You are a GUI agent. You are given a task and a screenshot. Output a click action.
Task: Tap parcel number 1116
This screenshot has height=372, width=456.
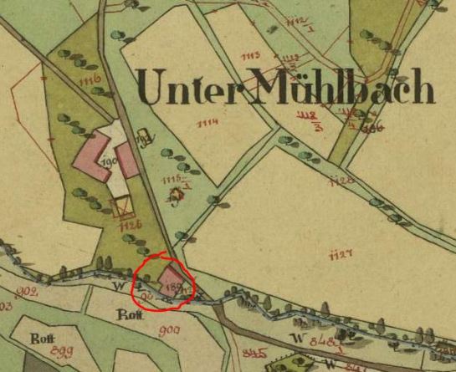coord(91,80)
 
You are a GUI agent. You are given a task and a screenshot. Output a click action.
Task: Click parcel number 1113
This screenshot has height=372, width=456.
coord(249,56)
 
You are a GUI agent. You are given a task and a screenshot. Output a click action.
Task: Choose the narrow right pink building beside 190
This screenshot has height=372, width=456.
coord(127,160)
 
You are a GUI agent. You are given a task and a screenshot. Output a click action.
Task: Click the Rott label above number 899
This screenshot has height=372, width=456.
coord(37,339)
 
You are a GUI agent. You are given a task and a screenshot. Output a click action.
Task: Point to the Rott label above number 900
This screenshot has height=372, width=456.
coord(126,316)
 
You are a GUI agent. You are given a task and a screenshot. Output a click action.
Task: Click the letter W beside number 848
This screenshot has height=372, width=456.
coord(273,338)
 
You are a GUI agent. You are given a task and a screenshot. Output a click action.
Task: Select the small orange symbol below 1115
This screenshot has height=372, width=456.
coord(175,196)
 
